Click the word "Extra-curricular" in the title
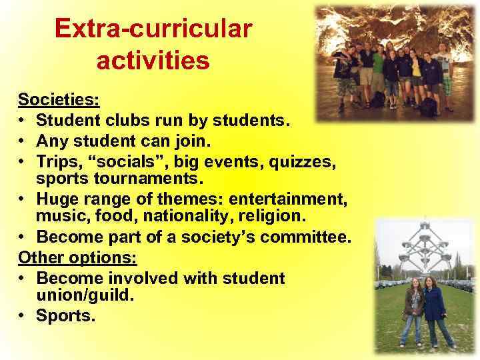[x=153, y=29]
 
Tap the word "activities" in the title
[x=153, y=61]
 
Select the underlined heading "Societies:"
[x=59, y=101]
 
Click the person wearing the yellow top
[x=417, y=70]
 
